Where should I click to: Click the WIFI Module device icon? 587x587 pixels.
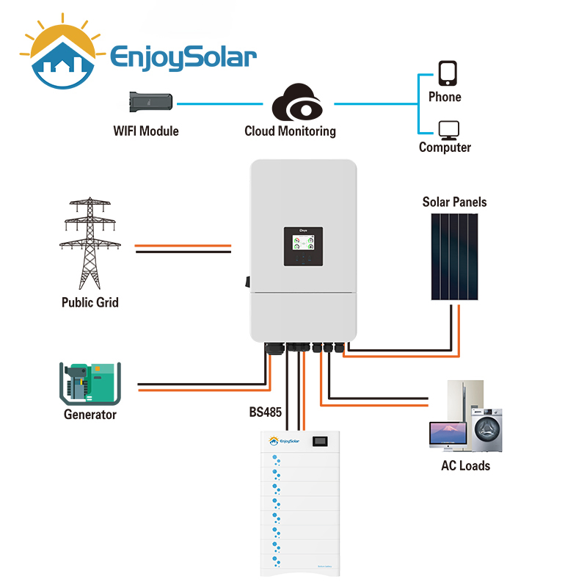pyautogui.click(x=152, y=103)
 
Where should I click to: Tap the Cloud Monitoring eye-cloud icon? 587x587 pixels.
pyautogui.click(x=296, y=103)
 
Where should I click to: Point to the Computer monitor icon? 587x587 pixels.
pyautogui.click(x=448, y=130)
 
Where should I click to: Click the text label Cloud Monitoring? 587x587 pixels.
pyautogui.click(x=290, y=131)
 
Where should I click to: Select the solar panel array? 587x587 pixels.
pyautogui.click(x=455, y=255)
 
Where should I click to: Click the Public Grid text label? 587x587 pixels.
pyautogui.click(x=90, y=302)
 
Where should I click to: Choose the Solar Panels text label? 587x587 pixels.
pyautogui.click(x=454, y=202)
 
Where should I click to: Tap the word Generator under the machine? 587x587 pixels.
pyautogui.click(x=90, y=415)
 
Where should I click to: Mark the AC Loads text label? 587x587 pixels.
pyautogui.click(x=465, y=465)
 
